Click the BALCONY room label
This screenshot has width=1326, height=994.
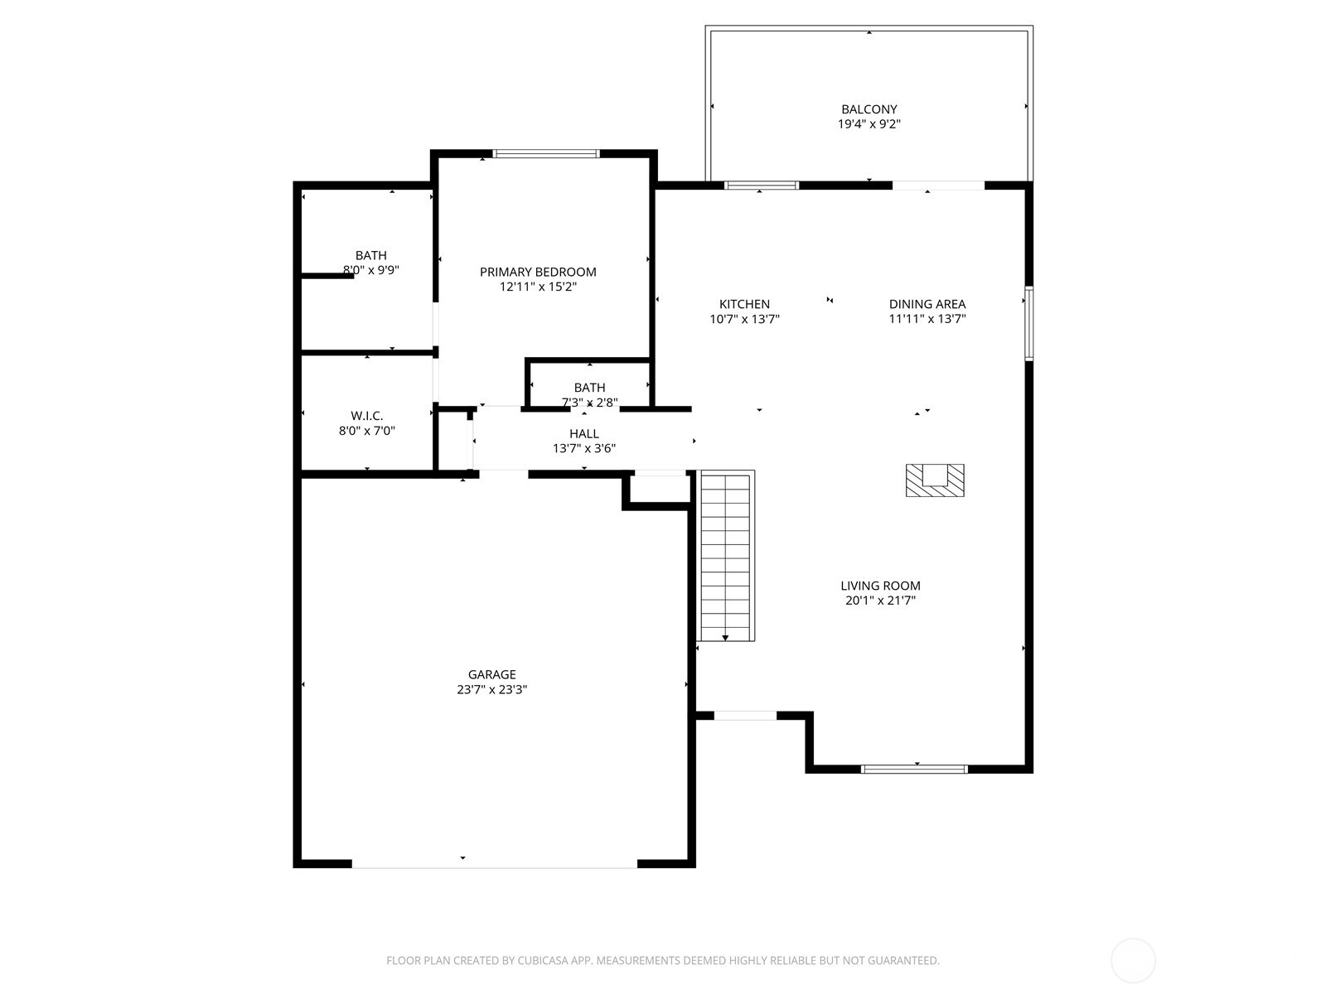pyautogui.click(x=869, y=109)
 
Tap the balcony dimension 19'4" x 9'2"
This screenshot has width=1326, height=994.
pyautogui.click(x=869, y=124)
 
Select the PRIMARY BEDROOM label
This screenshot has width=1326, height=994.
pyautogui.click(x=538, y=272)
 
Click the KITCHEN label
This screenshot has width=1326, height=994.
pyautogui.click(x=744, y=304)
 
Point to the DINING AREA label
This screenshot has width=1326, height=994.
pyautogui.click(x=927, y=304)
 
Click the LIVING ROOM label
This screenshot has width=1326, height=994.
pyautogui.click(x=880, y=586)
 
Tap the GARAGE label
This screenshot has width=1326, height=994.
pyautogui.click(x=491, y=674)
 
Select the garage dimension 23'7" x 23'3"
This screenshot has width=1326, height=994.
pyautogui.click(x=491, y=689)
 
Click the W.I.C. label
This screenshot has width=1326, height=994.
pyautogui.click(x=366, y=416)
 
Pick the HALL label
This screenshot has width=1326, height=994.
pyautogui.click(x=583, y=433)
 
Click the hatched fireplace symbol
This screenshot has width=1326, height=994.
pyautogui.click(x=934, y=480)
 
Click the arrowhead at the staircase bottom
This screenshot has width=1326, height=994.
pyautogui.click(x=726, y=637)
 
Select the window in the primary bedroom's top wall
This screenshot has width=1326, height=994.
pyautogui.click(x=545, y=153)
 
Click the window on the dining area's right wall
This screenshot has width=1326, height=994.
pyautogui.click(x=1028, y=323)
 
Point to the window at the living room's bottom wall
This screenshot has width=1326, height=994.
pyautogui.click(x=914, y=769)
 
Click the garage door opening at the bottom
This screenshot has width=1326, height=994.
pyautogui.click(x=495, y=864)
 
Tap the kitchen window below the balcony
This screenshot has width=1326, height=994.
pyautogui.click(x=761, y=186)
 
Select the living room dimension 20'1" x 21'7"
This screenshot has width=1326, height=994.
pyautogui.click(x=880, y=601)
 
